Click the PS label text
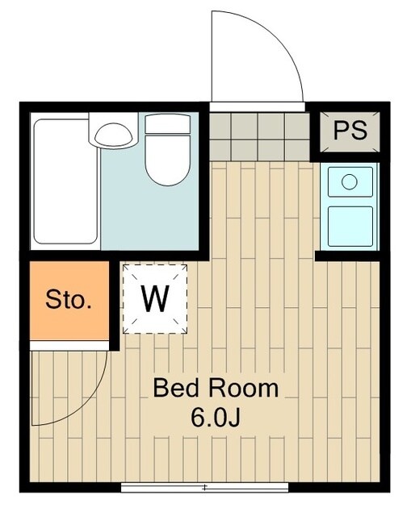point(350,131)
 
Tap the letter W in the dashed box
point(155,299)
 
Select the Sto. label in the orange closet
point(69,299)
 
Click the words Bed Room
point(216,389)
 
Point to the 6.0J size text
point(215,418)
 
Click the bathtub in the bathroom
point(65,181)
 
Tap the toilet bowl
point(168,160)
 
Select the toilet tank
point(168,123)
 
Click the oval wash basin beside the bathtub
point(113,135)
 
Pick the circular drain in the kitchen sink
point(350,181)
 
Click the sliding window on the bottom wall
point(204,487)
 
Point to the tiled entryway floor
point(260,136)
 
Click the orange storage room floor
point(69,301)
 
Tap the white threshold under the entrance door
point(258,107)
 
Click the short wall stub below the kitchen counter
point(348,256)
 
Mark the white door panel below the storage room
point(69,346)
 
